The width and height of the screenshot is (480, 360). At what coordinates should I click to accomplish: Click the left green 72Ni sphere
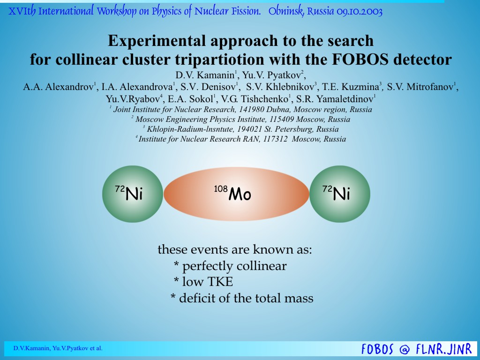[133, 194]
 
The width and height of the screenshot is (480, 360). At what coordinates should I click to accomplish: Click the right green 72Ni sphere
[339, 194]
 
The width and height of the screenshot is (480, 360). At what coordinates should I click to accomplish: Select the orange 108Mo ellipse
[236, 194]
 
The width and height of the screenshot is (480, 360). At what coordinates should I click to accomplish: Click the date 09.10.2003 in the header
[360, 12]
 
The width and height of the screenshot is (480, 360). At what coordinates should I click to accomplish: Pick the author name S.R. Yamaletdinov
[335, 99]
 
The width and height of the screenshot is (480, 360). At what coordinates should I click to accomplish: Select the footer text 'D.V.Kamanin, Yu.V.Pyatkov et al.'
[58, 348]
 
